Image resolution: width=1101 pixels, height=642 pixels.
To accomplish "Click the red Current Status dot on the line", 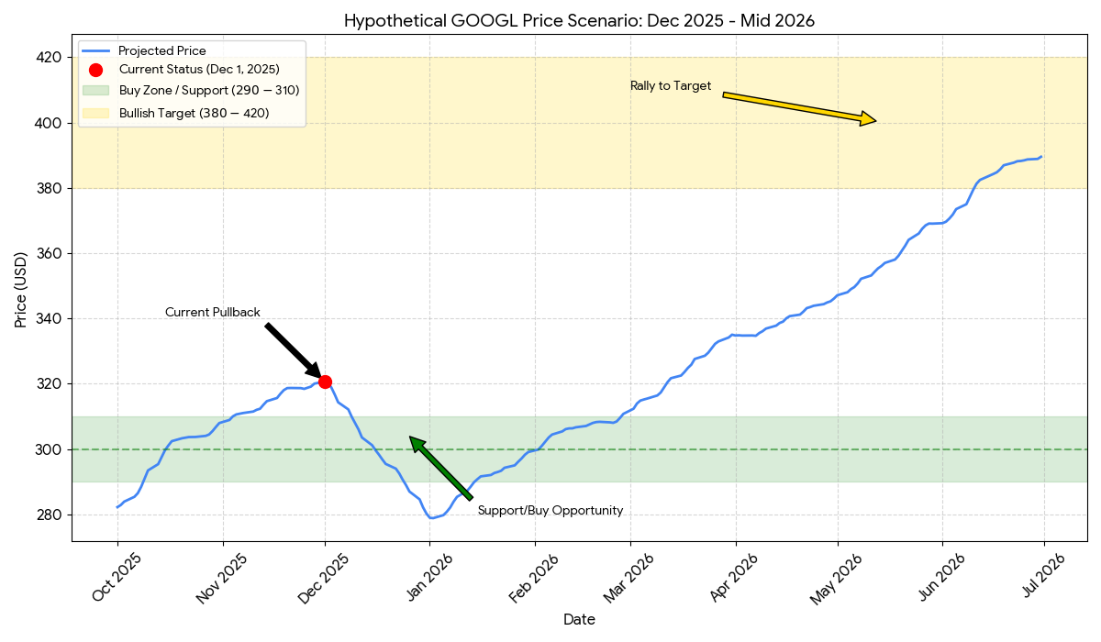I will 325,382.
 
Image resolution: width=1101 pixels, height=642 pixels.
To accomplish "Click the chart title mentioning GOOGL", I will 579,20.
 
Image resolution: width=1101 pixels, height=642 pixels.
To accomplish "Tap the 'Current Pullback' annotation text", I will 213,313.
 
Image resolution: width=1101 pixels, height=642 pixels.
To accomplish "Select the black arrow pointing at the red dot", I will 292,349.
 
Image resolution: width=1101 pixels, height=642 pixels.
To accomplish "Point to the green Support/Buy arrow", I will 441,469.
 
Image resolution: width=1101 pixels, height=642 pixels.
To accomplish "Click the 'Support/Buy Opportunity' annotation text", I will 550,511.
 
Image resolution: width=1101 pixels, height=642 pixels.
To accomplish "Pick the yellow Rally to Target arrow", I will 799,107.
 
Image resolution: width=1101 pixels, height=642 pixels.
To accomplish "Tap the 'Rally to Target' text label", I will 671,86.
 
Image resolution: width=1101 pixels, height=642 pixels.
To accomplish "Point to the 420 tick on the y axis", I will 49,57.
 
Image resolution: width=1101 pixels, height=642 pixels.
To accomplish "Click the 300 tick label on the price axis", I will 49,449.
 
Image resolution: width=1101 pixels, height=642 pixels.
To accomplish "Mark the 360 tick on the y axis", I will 49,253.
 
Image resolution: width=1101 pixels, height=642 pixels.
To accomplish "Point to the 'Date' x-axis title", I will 579,620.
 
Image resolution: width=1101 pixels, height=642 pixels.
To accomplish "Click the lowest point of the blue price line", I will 431,518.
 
